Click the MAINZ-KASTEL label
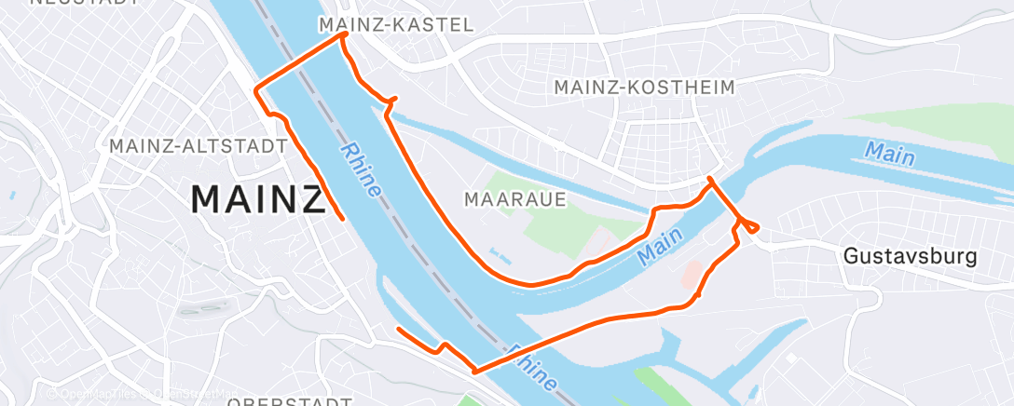coord(396,25)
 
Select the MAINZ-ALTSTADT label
coord(197,146)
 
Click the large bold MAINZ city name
coord(257,199)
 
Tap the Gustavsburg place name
coord(910,255)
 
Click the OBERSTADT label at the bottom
coord(289,401)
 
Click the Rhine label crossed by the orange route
coord(532,367)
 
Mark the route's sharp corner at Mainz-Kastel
coord(346,34)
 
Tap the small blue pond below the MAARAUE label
coord(499,253)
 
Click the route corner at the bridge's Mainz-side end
coord(257,89)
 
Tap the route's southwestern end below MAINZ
coord(399,329)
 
